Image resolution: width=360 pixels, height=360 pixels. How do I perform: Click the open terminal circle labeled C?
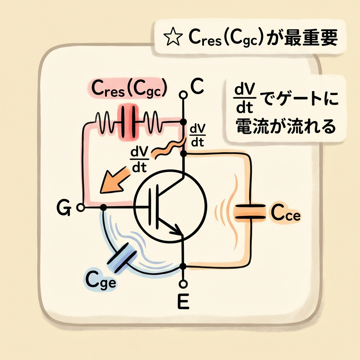(x=182, y=95)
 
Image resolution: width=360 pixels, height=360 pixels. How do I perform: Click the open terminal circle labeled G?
(x=81, y=208)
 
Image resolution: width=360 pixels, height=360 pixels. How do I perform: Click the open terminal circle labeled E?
(x=182, y=283)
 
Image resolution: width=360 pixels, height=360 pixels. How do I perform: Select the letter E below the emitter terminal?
(x=183, y=301)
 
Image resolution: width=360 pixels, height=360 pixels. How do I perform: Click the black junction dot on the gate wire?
(x=103, y=208)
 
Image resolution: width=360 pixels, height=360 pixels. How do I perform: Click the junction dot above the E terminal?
(x=183, y=266)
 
